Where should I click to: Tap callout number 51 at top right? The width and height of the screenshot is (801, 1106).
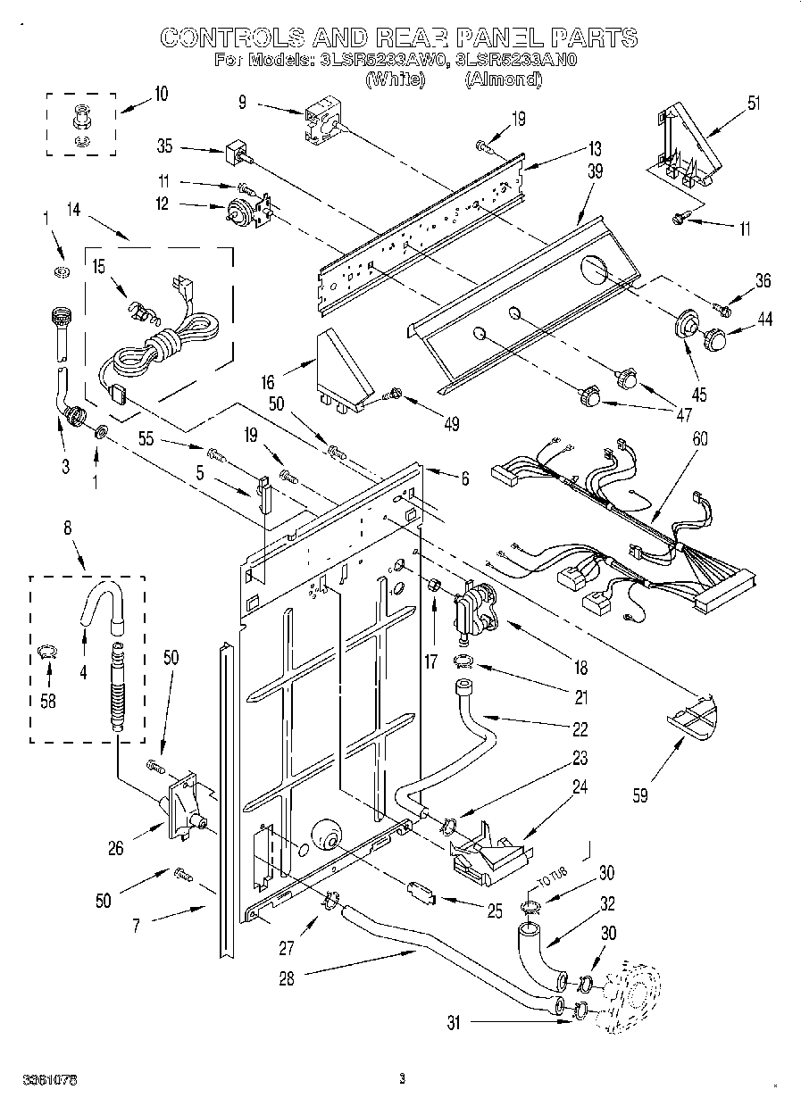click(755, 103)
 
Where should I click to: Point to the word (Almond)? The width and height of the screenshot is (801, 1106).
click(505, 79)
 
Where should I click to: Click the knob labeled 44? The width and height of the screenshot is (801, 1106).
click(716, 339)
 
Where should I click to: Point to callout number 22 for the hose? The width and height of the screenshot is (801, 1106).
click(580, 729)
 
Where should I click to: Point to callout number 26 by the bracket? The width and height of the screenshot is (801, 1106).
click(116, 849)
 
